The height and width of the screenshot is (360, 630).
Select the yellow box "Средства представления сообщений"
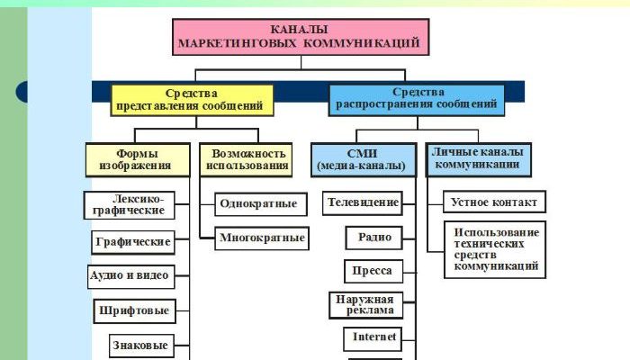pyautogui.click(x=191, y=100)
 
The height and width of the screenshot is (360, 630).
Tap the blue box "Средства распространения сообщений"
pyautogui.click(x=417, y=100)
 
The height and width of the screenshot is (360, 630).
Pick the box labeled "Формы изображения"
pyautogui.click(x=137, y=159)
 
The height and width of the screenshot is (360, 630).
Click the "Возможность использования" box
pyautogui.click(x=247, y=159)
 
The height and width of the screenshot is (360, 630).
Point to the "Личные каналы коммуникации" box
pyautogui.click(x=477, y=158)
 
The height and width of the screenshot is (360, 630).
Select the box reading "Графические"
pyautogui.click(x=132, y=242)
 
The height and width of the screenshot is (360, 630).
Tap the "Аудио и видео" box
pyautogui.click(x=127, y=275)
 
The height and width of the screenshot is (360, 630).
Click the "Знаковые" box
pyautogui.click(x=138, y=345)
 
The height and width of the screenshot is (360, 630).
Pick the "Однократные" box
pyautogui.click(x=257, y=203)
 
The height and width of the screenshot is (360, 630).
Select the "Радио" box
pyautogui.click(x=373, y=238)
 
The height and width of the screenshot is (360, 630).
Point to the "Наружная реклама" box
pyautogui.click(x=364, y=305)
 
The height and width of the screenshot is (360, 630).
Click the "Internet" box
pyautogui.click(x=370, y=338)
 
